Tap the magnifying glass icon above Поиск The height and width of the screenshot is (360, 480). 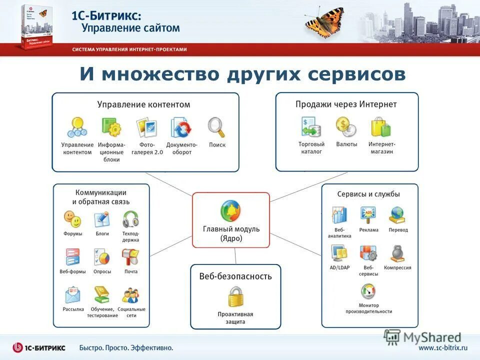click(216, 127)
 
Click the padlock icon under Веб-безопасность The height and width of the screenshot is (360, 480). click(236, 296)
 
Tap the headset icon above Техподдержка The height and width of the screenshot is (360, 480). click(130, 219)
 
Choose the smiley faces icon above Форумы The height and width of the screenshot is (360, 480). click(72, 219)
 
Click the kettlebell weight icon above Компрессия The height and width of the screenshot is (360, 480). click(398, 253)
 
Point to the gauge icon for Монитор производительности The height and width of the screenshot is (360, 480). click(368, 291)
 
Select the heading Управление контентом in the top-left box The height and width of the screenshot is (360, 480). click(143, 104)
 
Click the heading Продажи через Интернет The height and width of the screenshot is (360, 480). click(346, 104)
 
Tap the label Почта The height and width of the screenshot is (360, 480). click(131, 271)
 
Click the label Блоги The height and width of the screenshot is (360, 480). click(102, 233)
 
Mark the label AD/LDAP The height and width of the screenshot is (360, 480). click(339, 267)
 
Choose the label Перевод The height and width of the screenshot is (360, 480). click(398, 230)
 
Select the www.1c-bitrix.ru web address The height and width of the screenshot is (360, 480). click(442, 347)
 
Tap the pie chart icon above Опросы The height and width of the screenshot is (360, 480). click(102, 257)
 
